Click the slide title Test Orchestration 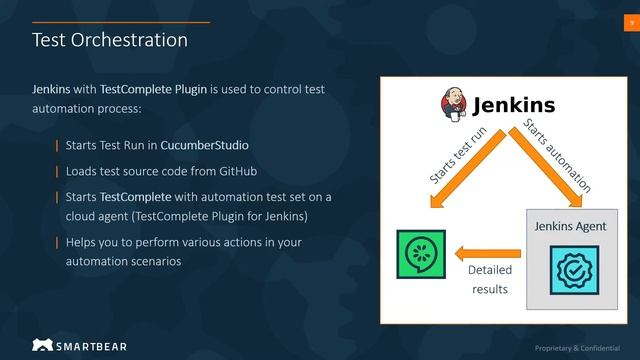110,40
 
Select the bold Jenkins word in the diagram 513,105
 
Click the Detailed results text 489,279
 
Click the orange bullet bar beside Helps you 57,243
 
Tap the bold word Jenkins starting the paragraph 51,89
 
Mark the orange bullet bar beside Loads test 57,171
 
